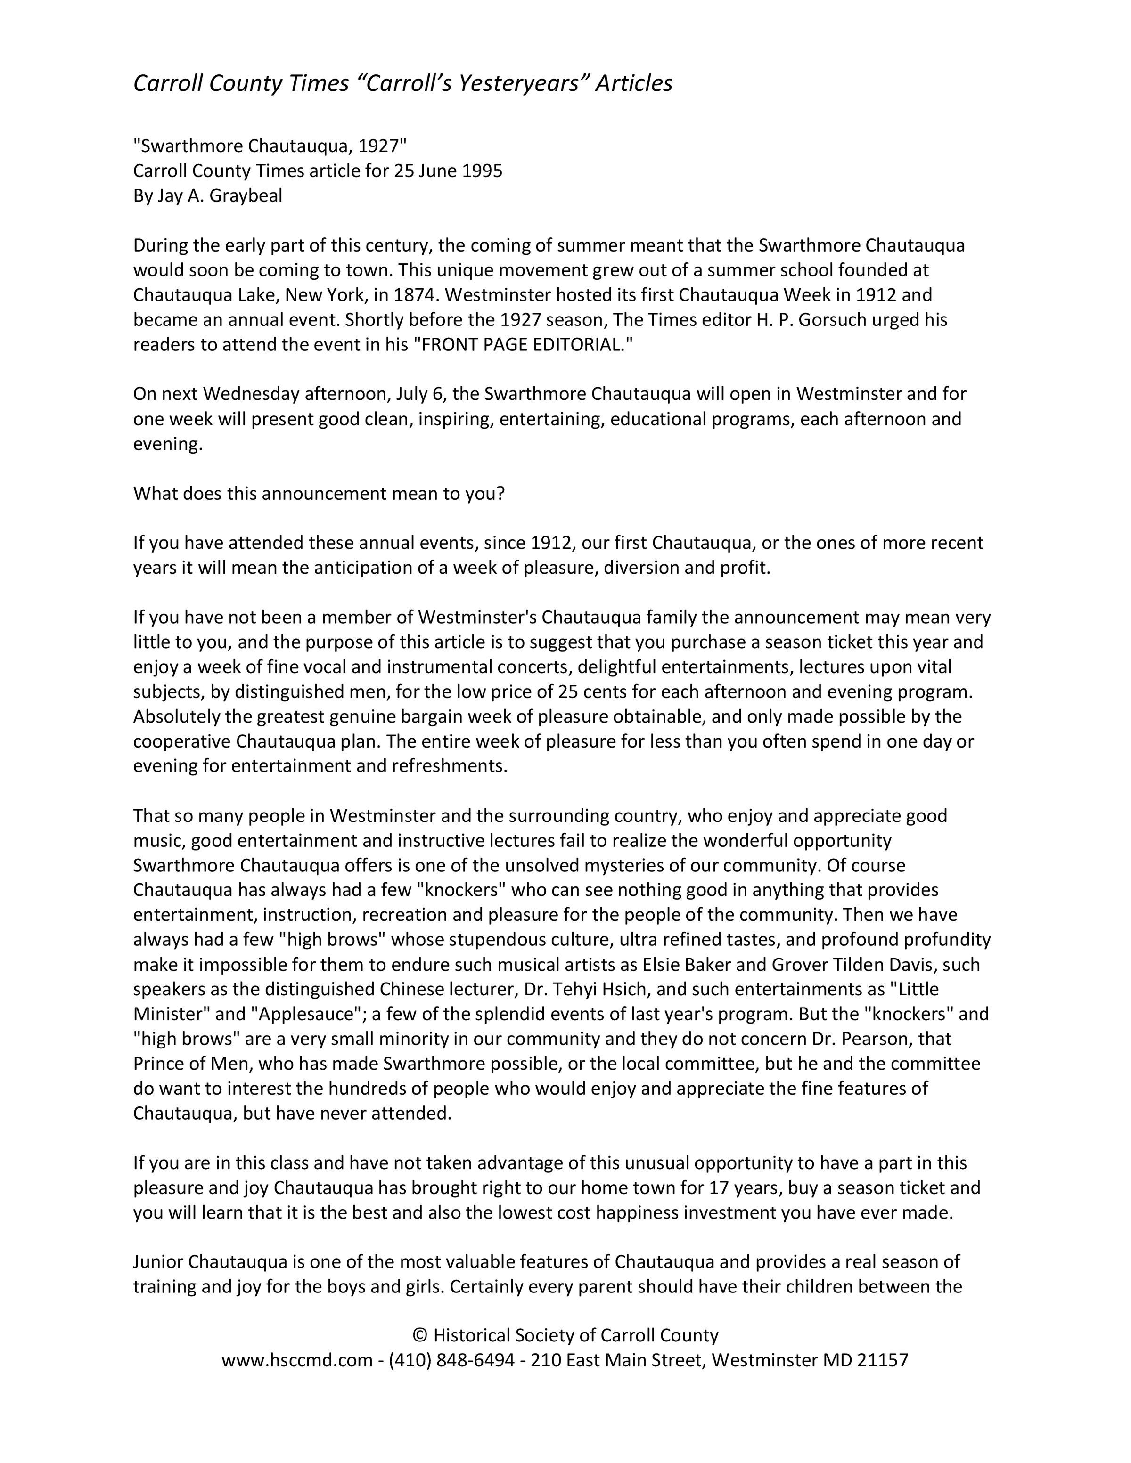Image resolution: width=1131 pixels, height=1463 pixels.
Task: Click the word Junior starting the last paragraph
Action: (158, 1262)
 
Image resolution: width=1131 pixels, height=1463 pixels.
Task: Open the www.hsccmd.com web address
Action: (297, 1360)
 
